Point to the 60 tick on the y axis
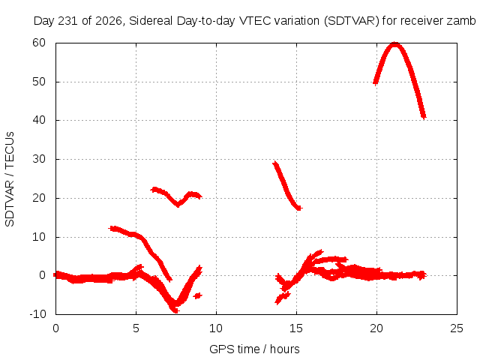39,43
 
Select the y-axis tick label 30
39,159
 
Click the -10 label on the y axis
37,314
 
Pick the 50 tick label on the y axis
39,82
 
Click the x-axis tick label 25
457,328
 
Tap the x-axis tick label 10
216,328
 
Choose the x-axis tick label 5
136,328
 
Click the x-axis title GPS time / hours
254,349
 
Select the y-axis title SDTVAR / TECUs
10,179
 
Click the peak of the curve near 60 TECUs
395,45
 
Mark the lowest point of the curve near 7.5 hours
175,310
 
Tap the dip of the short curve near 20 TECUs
178,205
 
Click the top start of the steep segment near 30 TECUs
275,163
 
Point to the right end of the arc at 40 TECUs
424,117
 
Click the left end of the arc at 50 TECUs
375,82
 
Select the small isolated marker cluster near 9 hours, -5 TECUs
198,295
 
